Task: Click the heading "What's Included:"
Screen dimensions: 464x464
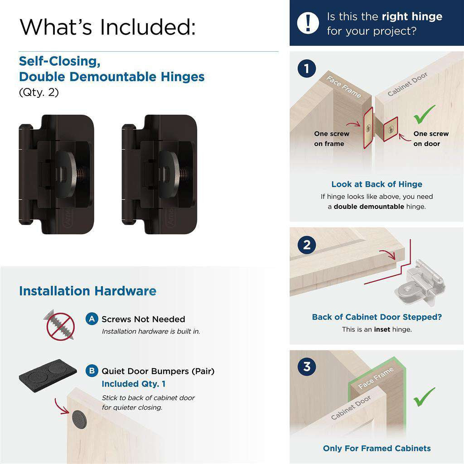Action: (108, 27)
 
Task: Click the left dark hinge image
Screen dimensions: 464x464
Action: (57, 174)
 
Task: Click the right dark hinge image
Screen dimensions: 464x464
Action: (159, 174)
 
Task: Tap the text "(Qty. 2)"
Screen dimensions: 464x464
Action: (39, 92)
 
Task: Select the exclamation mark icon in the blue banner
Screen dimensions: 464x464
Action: (308, 23)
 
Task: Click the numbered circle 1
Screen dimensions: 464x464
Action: (307, 69)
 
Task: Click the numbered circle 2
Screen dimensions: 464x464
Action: (307, 245)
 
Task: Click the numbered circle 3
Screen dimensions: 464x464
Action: (307, 366)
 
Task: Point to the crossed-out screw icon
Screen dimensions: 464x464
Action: (60, 325)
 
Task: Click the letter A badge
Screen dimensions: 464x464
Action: (92, 319)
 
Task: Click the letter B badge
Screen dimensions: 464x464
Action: (92, 371)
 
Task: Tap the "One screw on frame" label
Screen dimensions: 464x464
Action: (331, 139)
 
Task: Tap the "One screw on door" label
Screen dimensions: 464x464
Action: (430, 139)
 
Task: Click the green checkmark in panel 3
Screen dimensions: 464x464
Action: (424, 396)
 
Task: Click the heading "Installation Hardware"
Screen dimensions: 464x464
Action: (87, 291)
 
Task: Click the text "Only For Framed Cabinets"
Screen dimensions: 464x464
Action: (377, 448)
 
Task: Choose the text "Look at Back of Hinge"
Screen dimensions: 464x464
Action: (377, 184)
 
